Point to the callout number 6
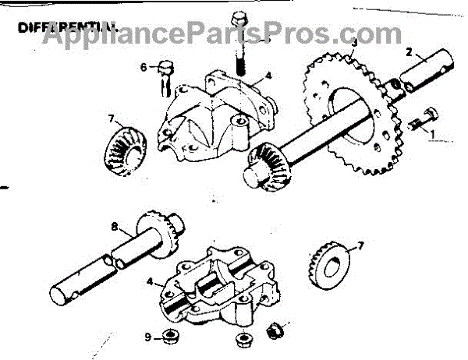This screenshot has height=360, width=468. [144, 68]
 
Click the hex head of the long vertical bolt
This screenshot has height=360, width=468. [239, 19]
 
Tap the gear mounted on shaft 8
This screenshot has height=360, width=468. [165, 234]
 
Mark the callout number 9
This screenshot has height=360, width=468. [147, 337]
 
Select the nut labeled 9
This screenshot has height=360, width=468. [168, 337]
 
